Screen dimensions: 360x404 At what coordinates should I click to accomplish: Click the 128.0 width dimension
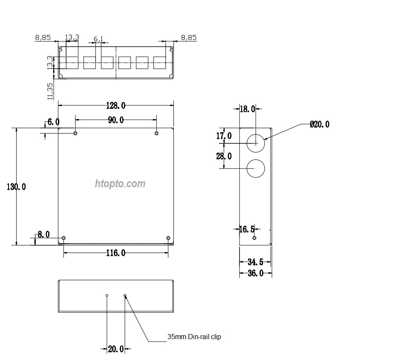pos(116,105)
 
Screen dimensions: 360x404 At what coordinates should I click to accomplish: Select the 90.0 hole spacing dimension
pos(115,120)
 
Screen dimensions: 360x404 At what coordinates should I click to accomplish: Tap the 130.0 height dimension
pos(16,187)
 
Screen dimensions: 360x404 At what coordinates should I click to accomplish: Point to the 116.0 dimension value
pos(116,253)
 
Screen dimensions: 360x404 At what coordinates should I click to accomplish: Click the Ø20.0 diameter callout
pos(320,125)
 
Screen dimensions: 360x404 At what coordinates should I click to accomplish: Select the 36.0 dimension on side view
pos(255,273)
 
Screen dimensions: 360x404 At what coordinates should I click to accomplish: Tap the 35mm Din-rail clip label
pos(194,337)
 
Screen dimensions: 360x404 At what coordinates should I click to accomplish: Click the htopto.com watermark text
pos(120,184)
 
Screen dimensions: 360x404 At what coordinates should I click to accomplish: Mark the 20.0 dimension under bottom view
pos(115,349)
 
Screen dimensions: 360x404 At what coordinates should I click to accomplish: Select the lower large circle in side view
pos(256,168)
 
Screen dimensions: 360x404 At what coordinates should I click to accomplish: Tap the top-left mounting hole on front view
pos(75,134)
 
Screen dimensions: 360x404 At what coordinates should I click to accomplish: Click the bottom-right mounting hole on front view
pos(168,238)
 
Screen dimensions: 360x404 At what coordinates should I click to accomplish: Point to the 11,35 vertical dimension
pos(51,91)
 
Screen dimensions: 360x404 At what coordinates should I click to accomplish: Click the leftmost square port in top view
pos(72,63)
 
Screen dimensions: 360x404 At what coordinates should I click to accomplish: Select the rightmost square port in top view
pos(159,63)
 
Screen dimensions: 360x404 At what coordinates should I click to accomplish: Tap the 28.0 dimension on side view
pos(224,156)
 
